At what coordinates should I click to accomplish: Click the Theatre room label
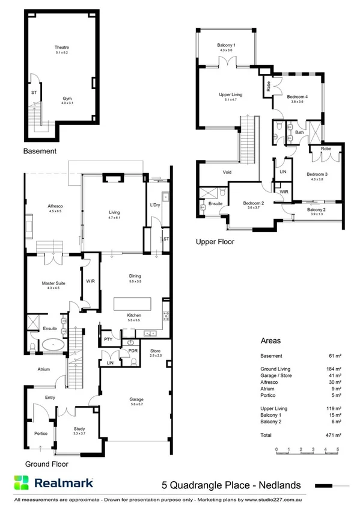[x=62, y=47]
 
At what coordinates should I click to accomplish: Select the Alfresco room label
[x=55, y=206]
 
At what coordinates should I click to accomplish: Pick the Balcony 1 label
[x=226, y=46]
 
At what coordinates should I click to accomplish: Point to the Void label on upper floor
[x=227, y=173]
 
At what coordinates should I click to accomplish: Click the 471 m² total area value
[x=334, y=435]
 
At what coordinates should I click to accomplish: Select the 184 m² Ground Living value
[x=334, y=367]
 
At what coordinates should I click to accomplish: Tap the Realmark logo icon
[x=22, y=483]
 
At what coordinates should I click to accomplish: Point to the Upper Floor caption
[x=215, y=242]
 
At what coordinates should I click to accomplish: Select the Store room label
[x=156, y=351]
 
